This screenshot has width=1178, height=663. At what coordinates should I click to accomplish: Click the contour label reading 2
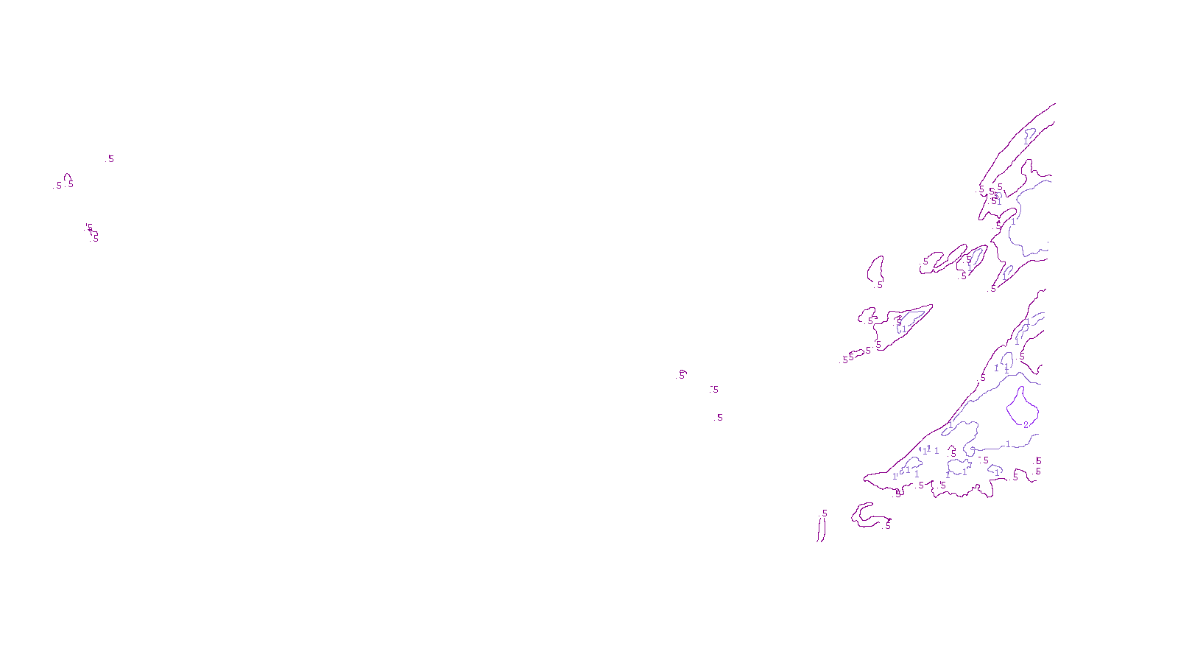pos(1026,425)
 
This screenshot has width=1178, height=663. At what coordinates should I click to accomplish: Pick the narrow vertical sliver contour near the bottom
pos(820,527)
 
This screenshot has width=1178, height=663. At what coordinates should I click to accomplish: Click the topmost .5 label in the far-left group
pos(110,159)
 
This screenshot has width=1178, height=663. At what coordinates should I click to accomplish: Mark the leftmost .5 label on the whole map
pos(58,186)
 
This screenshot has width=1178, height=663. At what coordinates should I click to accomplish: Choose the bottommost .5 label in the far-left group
pos(95,239)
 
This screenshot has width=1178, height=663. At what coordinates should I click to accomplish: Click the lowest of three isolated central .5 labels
pos(719,418)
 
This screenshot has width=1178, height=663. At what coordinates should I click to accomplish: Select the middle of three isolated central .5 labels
pos(715,390)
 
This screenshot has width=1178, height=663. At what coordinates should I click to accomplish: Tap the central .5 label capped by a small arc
pos(682,375)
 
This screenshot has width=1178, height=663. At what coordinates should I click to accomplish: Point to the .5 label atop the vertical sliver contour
pos(824,513)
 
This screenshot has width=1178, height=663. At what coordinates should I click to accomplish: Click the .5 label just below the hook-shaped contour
pos(888,526)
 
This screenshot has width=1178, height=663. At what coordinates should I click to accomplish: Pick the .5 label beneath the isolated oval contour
pos(879,285)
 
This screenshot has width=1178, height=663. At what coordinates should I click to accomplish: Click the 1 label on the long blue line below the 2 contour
pos(1008,444)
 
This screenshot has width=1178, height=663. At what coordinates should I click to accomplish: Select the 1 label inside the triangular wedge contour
pos(904,329)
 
